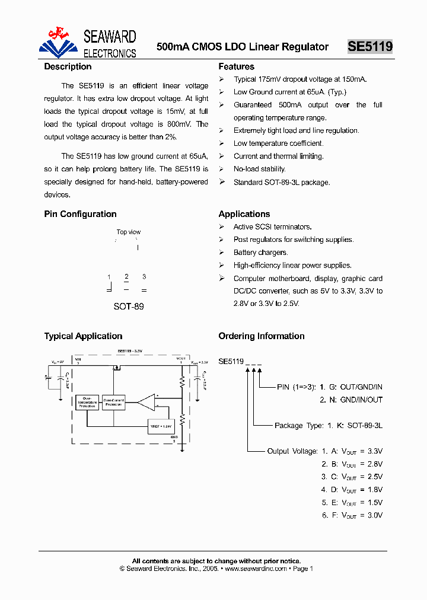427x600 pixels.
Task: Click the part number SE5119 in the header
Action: coord(369,47)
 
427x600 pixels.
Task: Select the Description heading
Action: coord(68,67)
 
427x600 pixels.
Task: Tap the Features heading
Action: coord(236,67)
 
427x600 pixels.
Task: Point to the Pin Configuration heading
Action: coord(80,214)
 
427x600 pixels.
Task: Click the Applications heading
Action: coord(244,214)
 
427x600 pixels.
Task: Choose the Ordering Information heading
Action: coord(261,336)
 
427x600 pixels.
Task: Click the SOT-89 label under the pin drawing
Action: coord(129,307)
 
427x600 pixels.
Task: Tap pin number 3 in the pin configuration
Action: coord(144,277)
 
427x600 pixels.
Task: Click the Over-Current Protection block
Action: coord(113,402)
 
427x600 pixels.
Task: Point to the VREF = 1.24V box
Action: coord(161,425)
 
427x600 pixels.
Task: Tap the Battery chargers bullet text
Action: coord(260,253)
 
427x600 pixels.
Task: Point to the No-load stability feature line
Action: coord(259,169)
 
